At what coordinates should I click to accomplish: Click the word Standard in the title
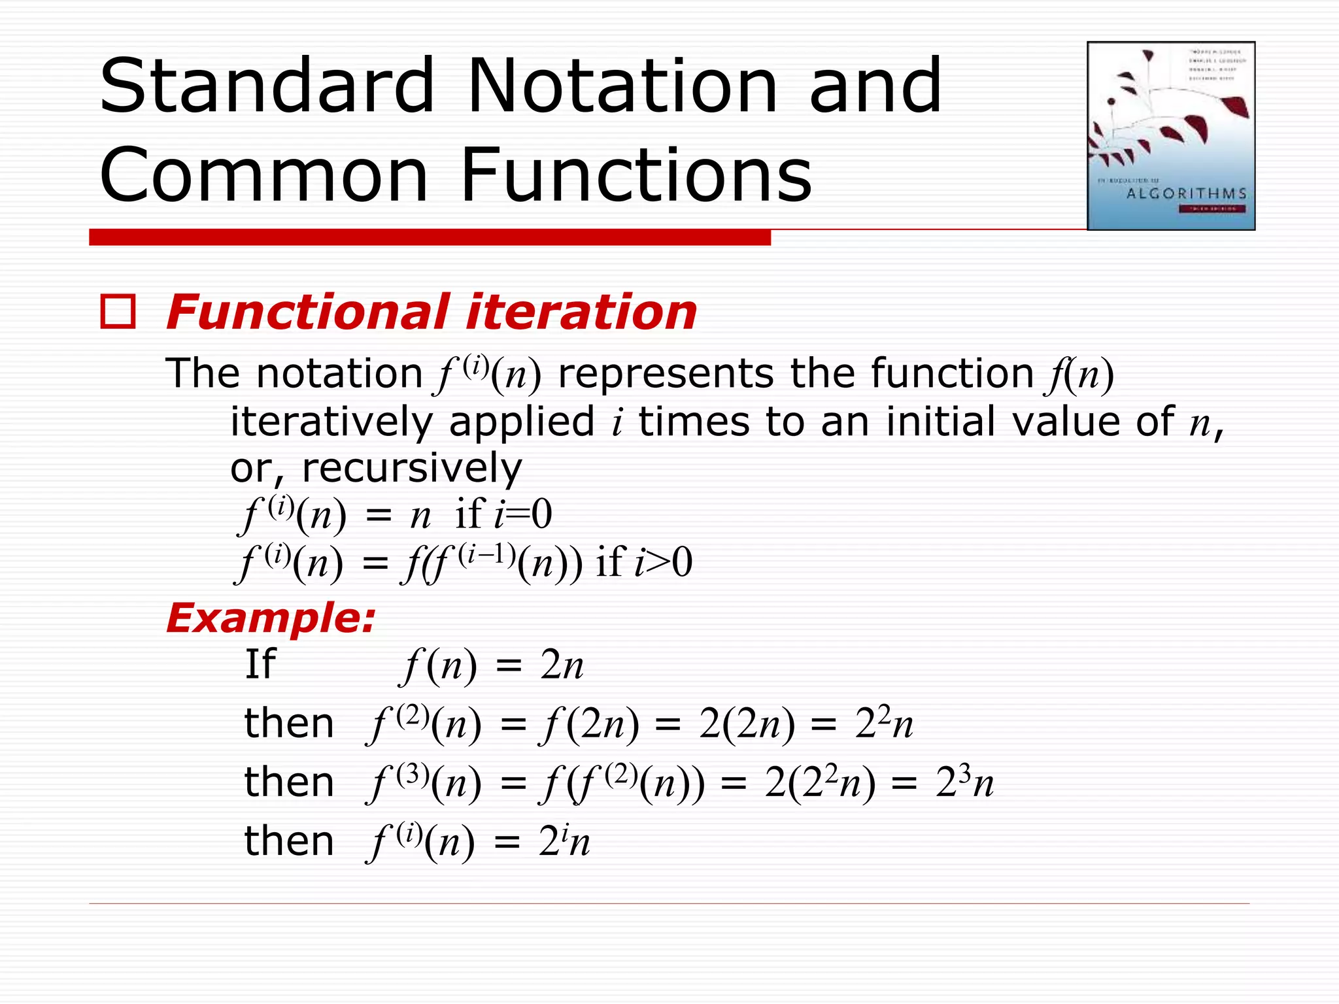point(267,86)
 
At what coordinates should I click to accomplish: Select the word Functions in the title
point(636,175)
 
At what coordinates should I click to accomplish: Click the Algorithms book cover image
point(1170,136)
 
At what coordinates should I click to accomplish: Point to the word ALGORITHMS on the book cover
point(1186,193)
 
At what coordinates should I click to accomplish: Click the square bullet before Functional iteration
point(118,312)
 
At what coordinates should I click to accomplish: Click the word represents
point(666,374)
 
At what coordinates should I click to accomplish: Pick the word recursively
point(412,468)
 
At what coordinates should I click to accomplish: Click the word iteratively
point(331,422)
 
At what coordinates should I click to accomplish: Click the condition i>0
point(663,562)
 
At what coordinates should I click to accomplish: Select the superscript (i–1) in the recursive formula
point(487,554)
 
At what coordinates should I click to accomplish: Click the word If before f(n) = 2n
point(260,664)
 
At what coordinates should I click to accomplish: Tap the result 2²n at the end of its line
point(884,724)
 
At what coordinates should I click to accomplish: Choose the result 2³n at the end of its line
point(964,782)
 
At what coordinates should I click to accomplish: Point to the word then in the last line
point(288,841)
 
